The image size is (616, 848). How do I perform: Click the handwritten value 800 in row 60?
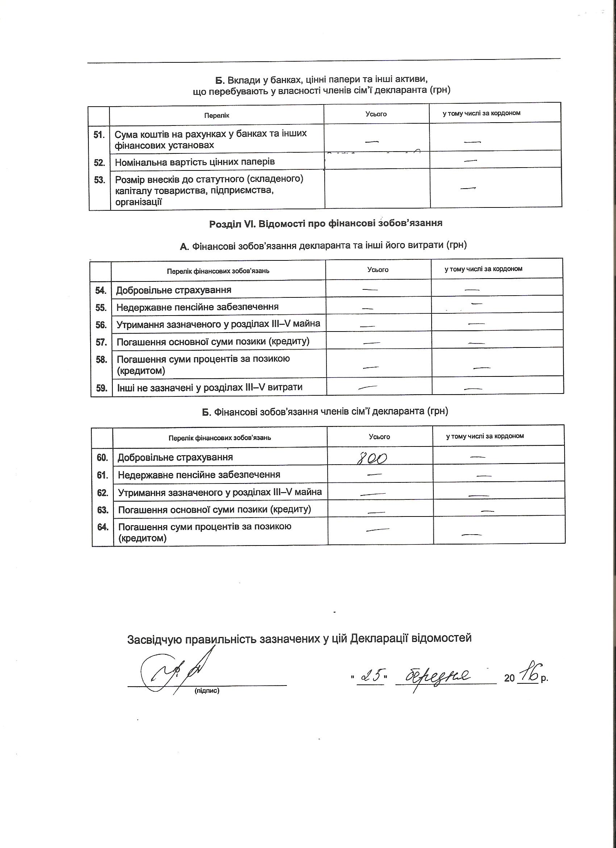point(372,458)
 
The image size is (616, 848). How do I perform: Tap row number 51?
point(99,135)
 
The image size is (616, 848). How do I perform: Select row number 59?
point(101,388)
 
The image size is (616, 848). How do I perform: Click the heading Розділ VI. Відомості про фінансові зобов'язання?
point(326,223)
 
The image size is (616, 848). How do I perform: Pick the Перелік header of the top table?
point(217,116)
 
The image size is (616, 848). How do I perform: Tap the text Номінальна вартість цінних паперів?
point(195,162)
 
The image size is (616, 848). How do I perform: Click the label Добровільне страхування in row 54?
point(174,290)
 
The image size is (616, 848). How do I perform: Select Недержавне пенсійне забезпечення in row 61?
point(199,475)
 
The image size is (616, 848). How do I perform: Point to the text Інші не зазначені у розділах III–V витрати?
point(209,387)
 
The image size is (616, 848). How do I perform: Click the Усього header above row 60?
point(379,437)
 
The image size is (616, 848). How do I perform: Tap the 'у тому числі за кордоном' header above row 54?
point(483,269)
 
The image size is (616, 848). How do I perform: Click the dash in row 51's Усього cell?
point(372,141)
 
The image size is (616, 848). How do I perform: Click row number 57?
point(101,342)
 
